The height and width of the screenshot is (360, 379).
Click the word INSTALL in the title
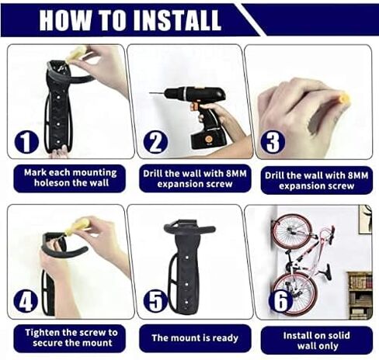click(177, 20)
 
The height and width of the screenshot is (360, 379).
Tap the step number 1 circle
click(26, 141)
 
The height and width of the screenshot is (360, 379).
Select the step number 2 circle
click(155, 142)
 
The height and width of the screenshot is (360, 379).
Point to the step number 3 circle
click(273, 141)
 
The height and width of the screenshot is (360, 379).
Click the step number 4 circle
click(26, 300)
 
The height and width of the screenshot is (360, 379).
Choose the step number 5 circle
click(155, 300)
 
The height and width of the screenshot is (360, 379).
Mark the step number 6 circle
click(280, 300)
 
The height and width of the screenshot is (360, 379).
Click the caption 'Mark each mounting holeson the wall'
click(70, 178)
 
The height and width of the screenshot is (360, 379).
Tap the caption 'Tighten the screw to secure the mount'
click(71, 337)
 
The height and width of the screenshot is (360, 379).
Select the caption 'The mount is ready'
click(195, 337)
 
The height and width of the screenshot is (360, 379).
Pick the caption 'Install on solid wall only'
click(317, 341)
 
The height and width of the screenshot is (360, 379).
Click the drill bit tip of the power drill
click(150, 93)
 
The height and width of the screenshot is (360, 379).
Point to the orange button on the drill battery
click(207, 140)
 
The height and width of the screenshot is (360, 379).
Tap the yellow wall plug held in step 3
click(344, 99)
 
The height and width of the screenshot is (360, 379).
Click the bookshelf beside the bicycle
click(360, 295)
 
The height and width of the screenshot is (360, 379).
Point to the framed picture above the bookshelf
click(365, 220)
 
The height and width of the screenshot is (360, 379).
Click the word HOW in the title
click(65, 20)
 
